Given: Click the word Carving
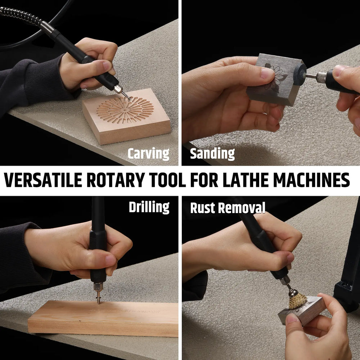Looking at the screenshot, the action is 148,153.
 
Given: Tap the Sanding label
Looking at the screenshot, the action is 212,153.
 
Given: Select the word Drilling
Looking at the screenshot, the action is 149,207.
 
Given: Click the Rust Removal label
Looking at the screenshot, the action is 228,208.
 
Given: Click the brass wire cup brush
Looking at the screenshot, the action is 298,300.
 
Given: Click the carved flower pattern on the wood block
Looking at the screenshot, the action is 125,110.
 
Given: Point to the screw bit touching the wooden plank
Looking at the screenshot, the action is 99,297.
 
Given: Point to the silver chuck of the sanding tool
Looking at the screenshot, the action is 321,77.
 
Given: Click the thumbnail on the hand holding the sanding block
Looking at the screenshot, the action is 267,73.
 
